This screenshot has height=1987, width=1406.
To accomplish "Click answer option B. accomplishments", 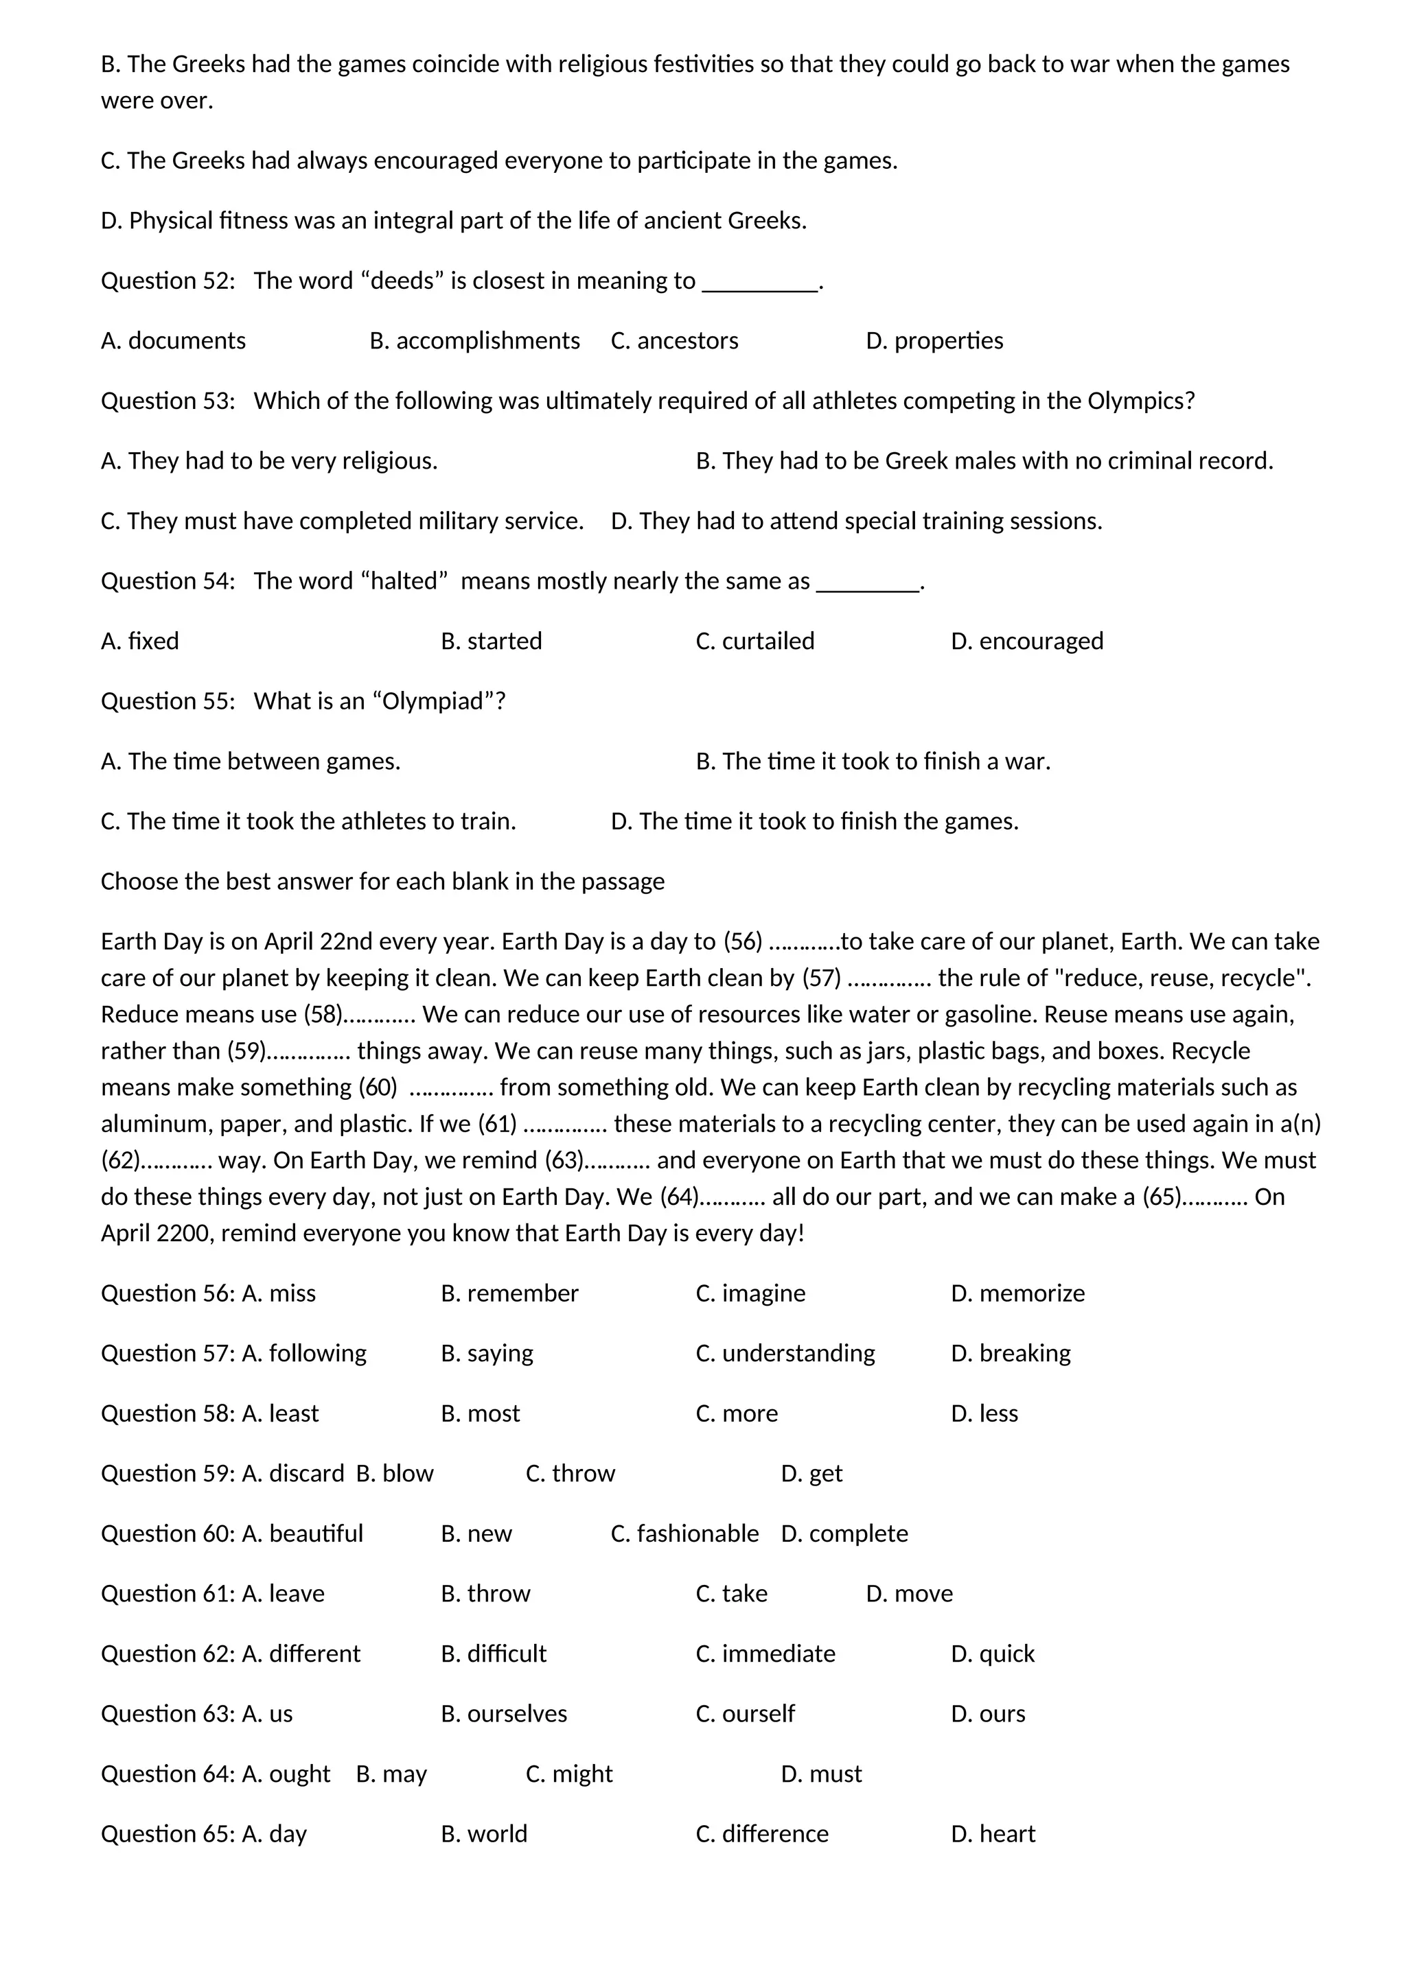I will (x=474, y=340).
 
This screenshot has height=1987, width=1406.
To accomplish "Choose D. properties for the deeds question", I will (x=934, y=340).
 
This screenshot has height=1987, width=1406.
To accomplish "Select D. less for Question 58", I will (x=984, y=1413).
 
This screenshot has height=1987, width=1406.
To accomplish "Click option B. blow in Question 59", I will (x=395, y=1473).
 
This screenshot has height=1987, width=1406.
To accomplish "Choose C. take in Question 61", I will (x=732, y=1593).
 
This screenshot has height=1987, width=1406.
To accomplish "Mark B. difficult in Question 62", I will (x=494, y=1654).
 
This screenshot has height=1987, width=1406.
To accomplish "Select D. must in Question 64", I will (x=821, y=1774).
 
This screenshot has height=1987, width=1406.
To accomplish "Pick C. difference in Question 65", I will (x=762, y=1834).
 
